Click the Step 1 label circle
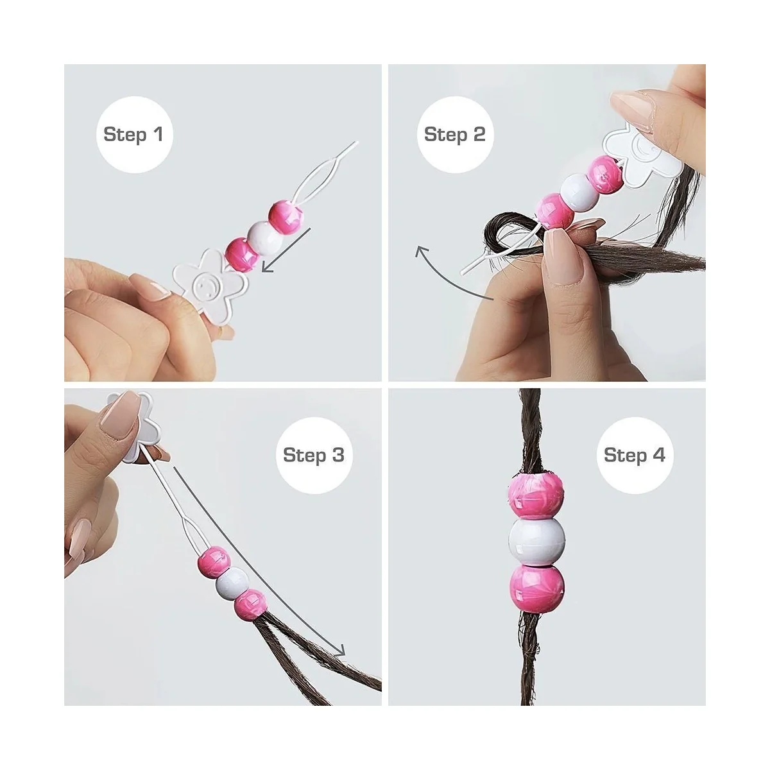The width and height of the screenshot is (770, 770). pyautogui.click(x=134, y=135)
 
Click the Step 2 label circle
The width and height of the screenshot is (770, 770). pyautogui.click(x=455, y=135)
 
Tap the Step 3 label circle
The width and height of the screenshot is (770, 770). pyautogui.click(x=314, y=455)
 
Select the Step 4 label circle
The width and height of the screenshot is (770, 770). pyautogui.click(x=635, y=455)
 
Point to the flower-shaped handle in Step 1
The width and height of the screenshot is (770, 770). pyautogui.click(x=209, y=284)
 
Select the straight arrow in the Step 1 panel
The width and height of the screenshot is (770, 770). pyautogui.click(x=286, y=250)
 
